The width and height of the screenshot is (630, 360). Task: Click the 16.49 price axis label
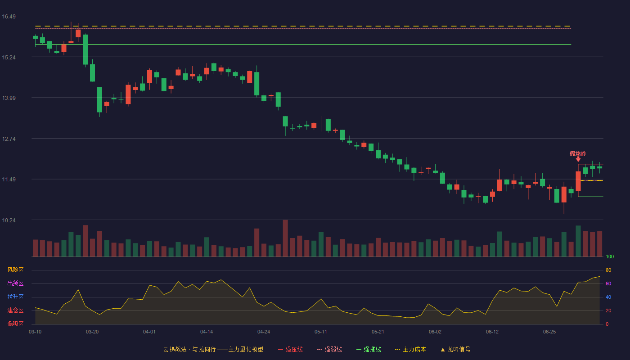click(9, 17)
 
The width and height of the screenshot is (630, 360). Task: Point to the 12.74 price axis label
click(9, 139)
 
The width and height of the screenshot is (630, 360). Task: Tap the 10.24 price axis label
click(9, 220)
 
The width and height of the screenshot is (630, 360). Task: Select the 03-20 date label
click(92, 332)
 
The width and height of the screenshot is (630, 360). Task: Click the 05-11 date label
click(320, 332)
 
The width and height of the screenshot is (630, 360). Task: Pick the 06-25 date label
click(549, 332)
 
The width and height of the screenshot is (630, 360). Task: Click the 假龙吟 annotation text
click(578, 154)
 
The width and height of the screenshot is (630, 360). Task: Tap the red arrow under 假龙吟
click(578, 159)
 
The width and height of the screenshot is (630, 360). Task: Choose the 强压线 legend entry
click(290, 349)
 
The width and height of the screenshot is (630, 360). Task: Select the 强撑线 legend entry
click(369, 349)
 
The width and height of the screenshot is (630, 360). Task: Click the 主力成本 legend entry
click(410, 349)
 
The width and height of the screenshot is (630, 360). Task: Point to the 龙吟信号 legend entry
click(455, 349)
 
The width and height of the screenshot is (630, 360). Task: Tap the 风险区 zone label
click(15, 270)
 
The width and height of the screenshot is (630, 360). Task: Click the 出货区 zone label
click(15, 283)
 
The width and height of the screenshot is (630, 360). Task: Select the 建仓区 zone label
click(15, 310)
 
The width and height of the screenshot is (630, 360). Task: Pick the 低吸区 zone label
click(15, 324)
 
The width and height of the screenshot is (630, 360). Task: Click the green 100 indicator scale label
click(610, 256)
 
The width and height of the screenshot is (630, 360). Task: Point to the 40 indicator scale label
click(608, 297)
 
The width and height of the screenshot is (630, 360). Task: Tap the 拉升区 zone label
click(15, 297)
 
